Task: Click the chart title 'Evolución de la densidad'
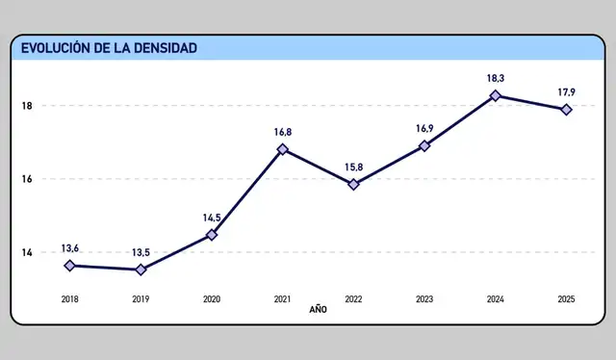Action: tap(110, 48)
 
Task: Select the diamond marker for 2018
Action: tap(70, 266)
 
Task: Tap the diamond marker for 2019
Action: tap(141, 270)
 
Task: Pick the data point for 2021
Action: tap(283, 149)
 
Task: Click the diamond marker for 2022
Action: tap(353, 184)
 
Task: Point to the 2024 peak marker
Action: tap(496, 95)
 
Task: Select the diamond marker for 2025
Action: tap(567, 110)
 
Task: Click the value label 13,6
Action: tap(70, 248)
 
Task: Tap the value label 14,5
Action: tap(212, 218)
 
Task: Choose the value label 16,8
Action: tap(283, 132)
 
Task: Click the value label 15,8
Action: tap(353, 167)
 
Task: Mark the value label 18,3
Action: tap(496, 78)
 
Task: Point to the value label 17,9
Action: tap(567, 92)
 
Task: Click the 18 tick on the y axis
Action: tap(27, 106)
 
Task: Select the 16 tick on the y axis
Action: tap(27, 179)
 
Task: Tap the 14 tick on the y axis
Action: tap(27, 252)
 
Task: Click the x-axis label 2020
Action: tap(212, 299)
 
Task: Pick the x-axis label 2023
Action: tap(424, 299)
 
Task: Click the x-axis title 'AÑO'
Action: tap(319, 311)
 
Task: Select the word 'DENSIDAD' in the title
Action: tap(165, 48)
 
